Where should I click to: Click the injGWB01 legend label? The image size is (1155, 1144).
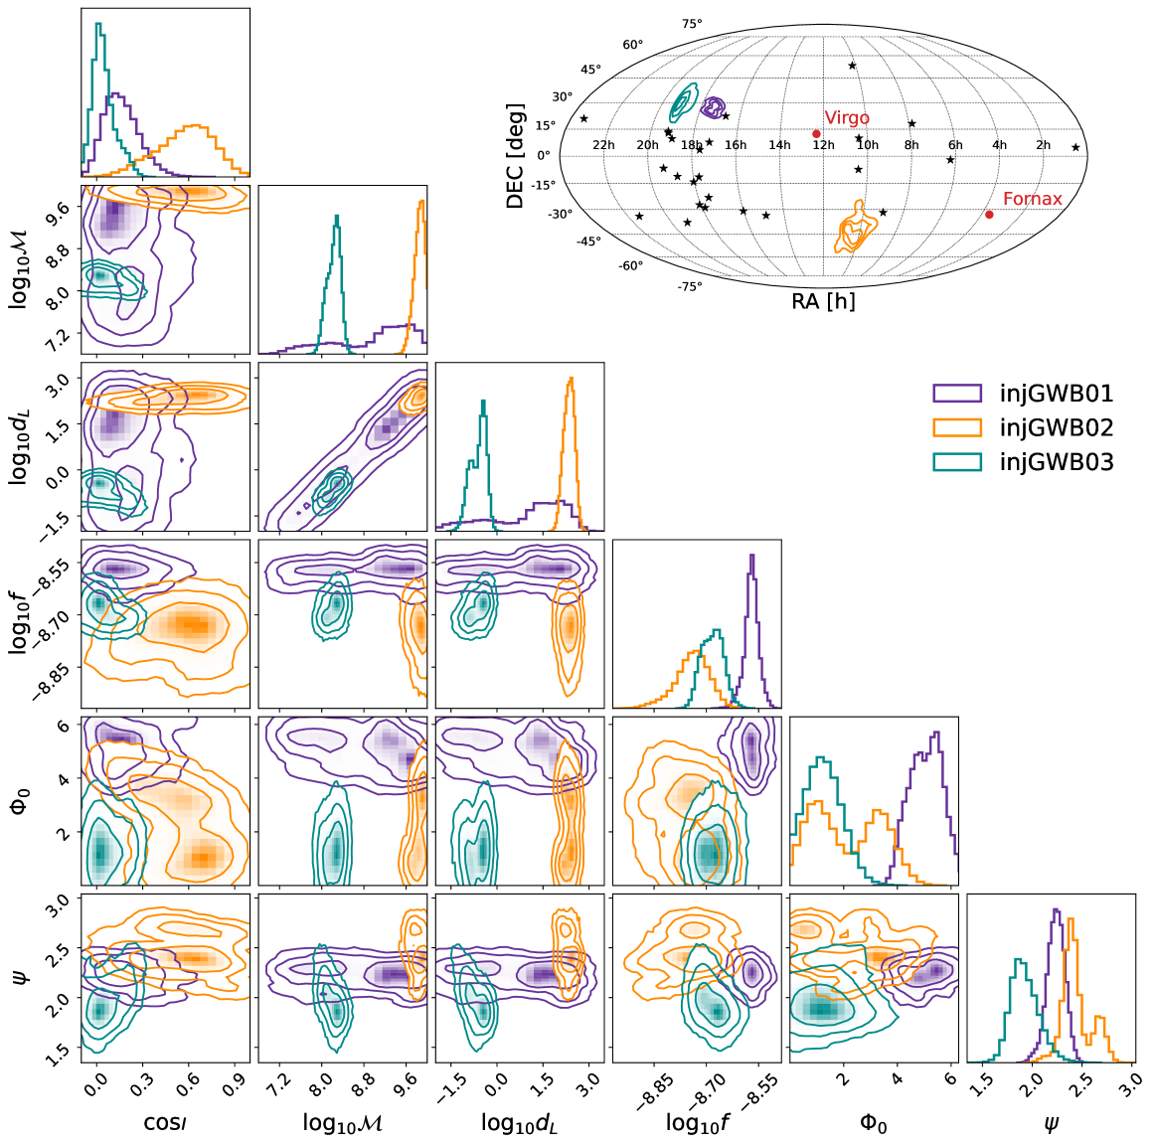pos(1056,394)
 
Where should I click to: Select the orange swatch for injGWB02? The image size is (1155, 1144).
pos(957,428)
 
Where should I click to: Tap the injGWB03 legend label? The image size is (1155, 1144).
pos(1056,462)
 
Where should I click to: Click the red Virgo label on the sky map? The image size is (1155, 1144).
pos(847,118)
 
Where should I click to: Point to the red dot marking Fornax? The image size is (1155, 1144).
pos(989,215)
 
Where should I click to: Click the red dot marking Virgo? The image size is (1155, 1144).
pos(816,133)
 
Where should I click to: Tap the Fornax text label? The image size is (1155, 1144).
pos(1032,199)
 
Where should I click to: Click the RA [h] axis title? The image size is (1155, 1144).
pos(823,301)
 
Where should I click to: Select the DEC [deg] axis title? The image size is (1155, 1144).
pos(515,155)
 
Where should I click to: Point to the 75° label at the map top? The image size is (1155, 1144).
pos(691,24)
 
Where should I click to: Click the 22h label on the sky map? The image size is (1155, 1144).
pos(603,145)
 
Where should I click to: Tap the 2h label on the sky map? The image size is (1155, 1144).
pos(1043,145)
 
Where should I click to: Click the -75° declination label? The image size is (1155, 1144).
pos(690,286)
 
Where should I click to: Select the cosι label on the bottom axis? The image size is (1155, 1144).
pos(165,1123)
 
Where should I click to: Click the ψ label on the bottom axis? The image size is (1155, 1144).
pos(1051,1123)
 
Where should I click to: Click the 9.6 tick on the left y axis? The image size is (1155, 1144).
pos(58,208)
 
